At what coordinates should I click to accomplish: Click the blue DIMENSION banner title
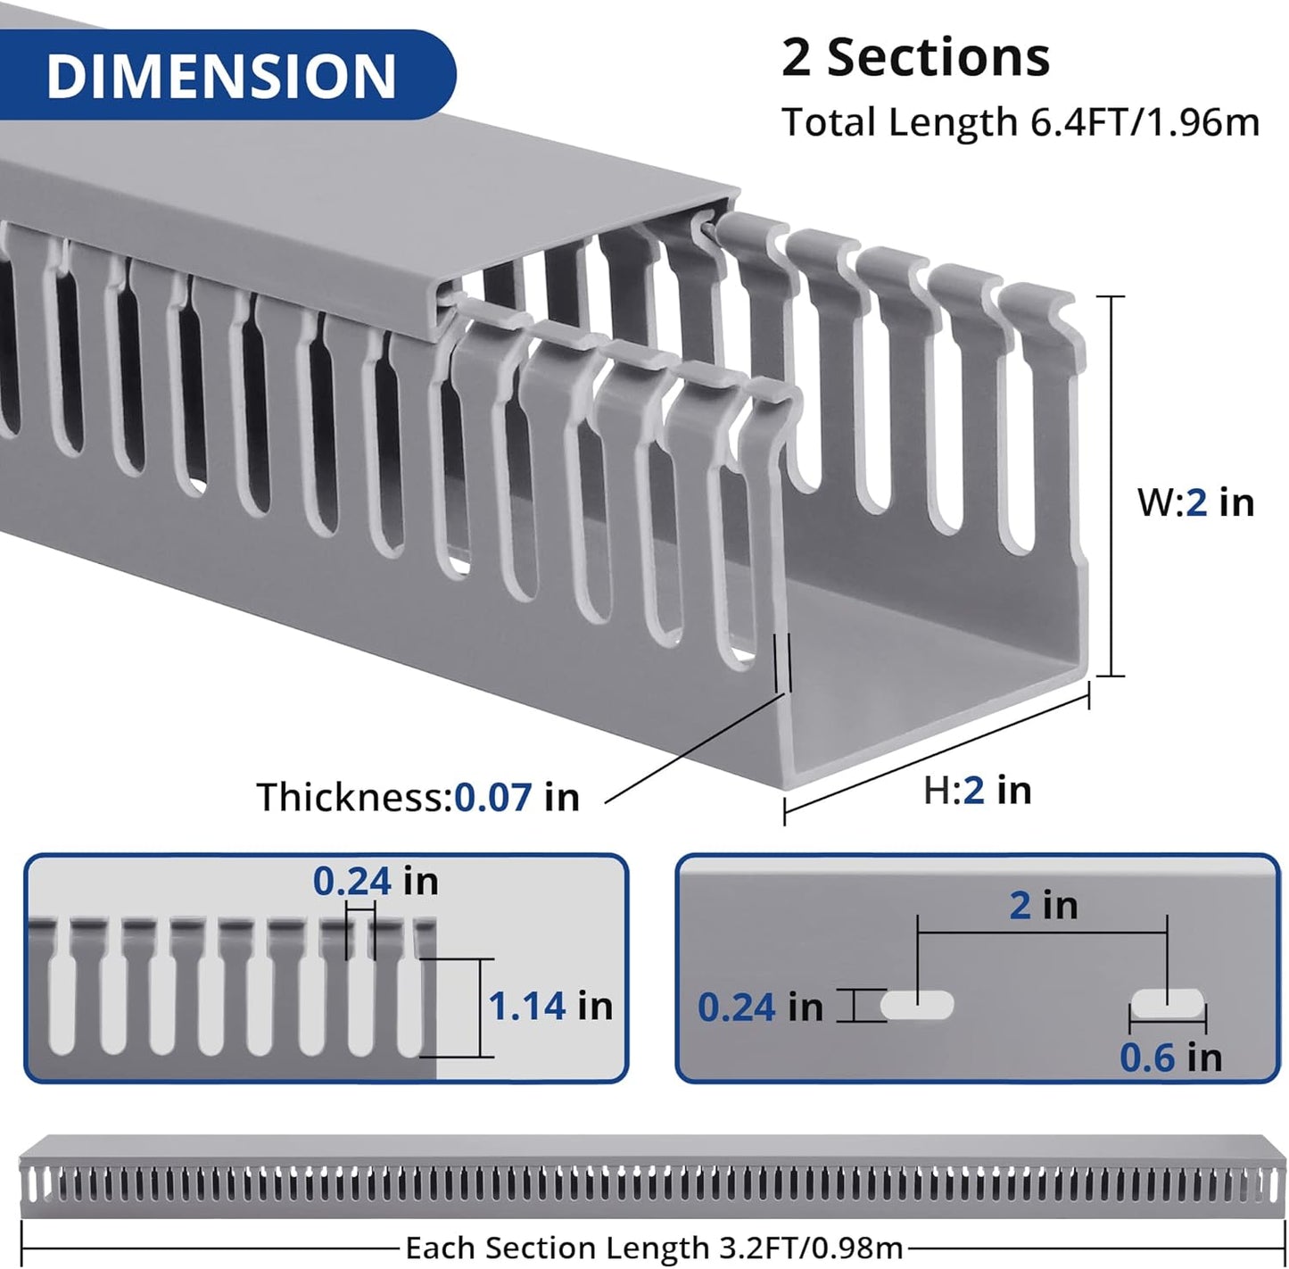click(x=220, y=76)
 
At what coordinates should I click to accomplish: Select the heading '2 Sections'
click(x=915, y=58)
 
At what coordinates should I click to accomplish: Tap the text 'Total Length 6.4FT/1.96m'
click(x=1020, y=122)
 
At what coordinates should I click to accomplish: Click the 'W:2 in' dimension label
click(x=1195, y=502)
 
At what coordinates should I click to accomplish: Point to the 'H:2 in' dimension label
click(x=977, y=791)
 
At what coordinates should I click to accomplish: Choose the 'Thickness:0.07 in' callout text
click(x=417, y=797)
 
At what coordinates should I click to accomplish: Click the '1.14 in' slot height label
click(x=550, y=1007)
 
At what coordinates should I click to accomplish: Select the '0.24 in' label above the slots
click(x=376, y=882)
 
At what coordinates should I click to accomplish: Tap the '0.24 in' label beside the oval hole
click(x=760, y=1008)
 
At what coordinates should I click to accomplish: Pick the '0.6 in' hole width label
click(x=1170, y=1058)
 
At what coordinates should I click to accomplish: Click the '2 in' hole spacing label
click(x=1043, y=906)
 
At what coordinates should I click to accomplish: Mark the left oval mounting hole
click(x=917, y=1005)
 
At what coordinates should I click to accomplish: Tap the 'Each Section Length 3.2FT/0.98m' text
click(x=654, y=1248)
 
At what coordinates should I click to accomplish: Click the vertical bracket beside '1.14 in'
click(x=480, y=1008)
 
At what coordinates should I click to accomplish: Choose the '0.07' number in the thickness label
click(x=492, y=797)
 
